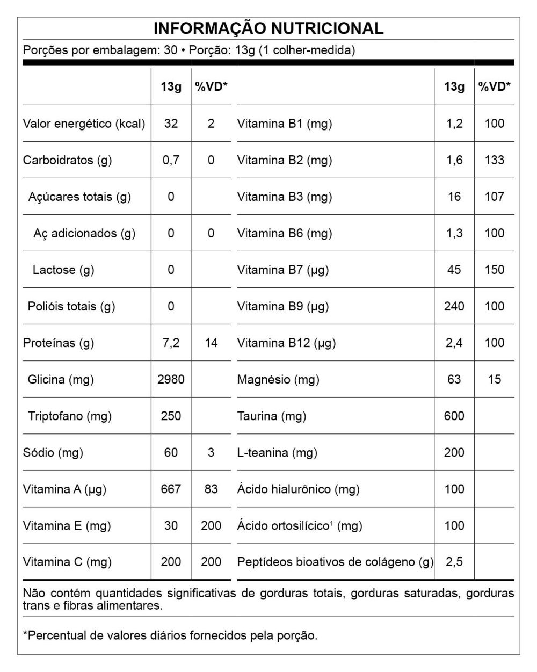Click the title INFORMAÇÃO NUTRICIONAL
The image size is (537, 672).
pos(268,28)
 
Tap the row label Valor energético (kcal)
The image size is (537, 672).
pos(84,124)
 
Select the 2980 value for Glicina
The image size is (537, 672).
pos(171,379)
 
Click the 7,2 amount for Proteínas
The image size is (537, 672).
pos(171,343)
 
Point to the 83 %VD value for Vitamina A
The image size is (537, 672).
pos(211,489)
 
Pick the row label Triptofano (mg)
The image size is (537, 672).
pos(70,416)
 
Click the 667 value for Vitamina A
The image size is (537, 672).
pos(171,489)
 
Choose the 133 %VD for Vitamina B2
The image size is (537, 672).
pos(494,160)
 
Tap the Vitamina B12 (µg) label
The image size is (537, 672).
pos(286,343)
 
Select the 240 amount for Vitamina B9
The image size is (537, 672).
pos(454,306)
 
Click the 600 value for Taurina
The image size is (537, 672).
pos(454,416)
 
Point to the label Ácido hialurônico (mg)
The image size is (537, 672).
pos(298,489)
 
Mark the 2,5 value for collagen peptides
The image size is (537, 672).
pos(454,562)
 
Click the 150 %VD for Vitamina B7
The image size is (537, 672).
pos(494,270)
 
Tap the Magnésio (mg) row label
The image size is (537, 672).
pos(278,379)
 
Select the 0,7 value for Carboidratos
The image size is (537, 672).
pos(171,160)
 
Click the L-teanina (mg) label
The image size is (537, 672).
pos(277,452)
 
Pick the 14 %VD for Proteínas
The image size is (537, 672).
pos(211,343)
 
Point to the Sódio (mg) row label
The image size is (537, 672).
pos(53,452)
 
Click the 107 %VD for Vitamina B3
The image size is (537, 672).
pos(494,197)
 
